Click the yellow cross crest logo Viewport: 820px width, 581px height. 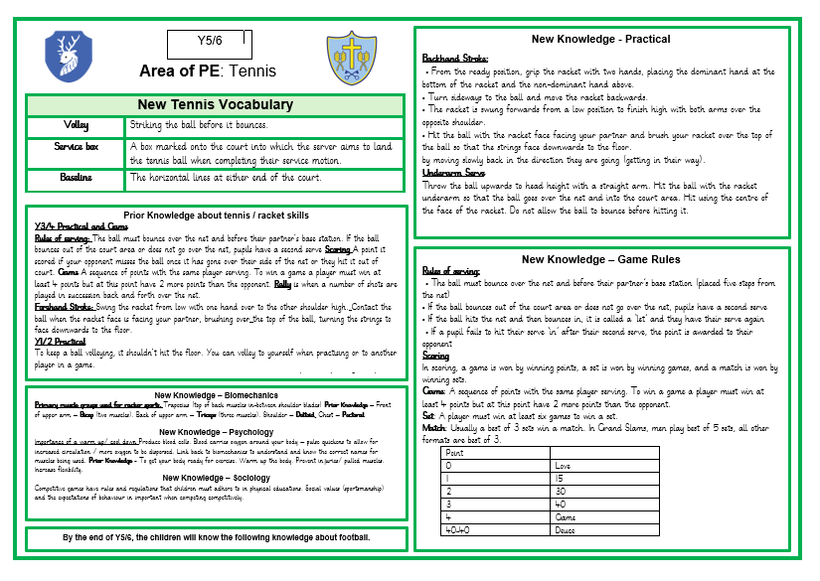point(351,58)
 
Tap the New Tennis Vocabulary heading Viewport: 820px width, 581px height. point(215,105)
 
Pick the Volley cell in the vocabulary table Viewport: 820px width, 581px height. point(77,126)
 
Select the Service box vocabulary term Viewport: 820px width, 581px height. point(77,146)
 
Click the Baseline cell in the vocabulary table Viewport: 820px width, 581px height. point(77,178)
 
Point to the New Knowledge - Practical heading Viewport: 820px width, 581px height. point(600,40)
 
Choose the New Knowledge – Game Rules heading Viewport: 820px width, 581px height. point(600,260)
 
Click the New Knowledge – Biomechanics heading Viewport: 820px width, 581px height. point(217,393)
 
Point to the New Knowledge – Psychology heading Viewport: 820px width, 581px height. point(217,432)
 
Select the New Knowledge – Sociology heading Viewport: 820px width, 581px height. point(217,478)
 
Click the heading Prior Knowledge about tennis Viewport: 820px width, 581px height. point(216,215)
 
